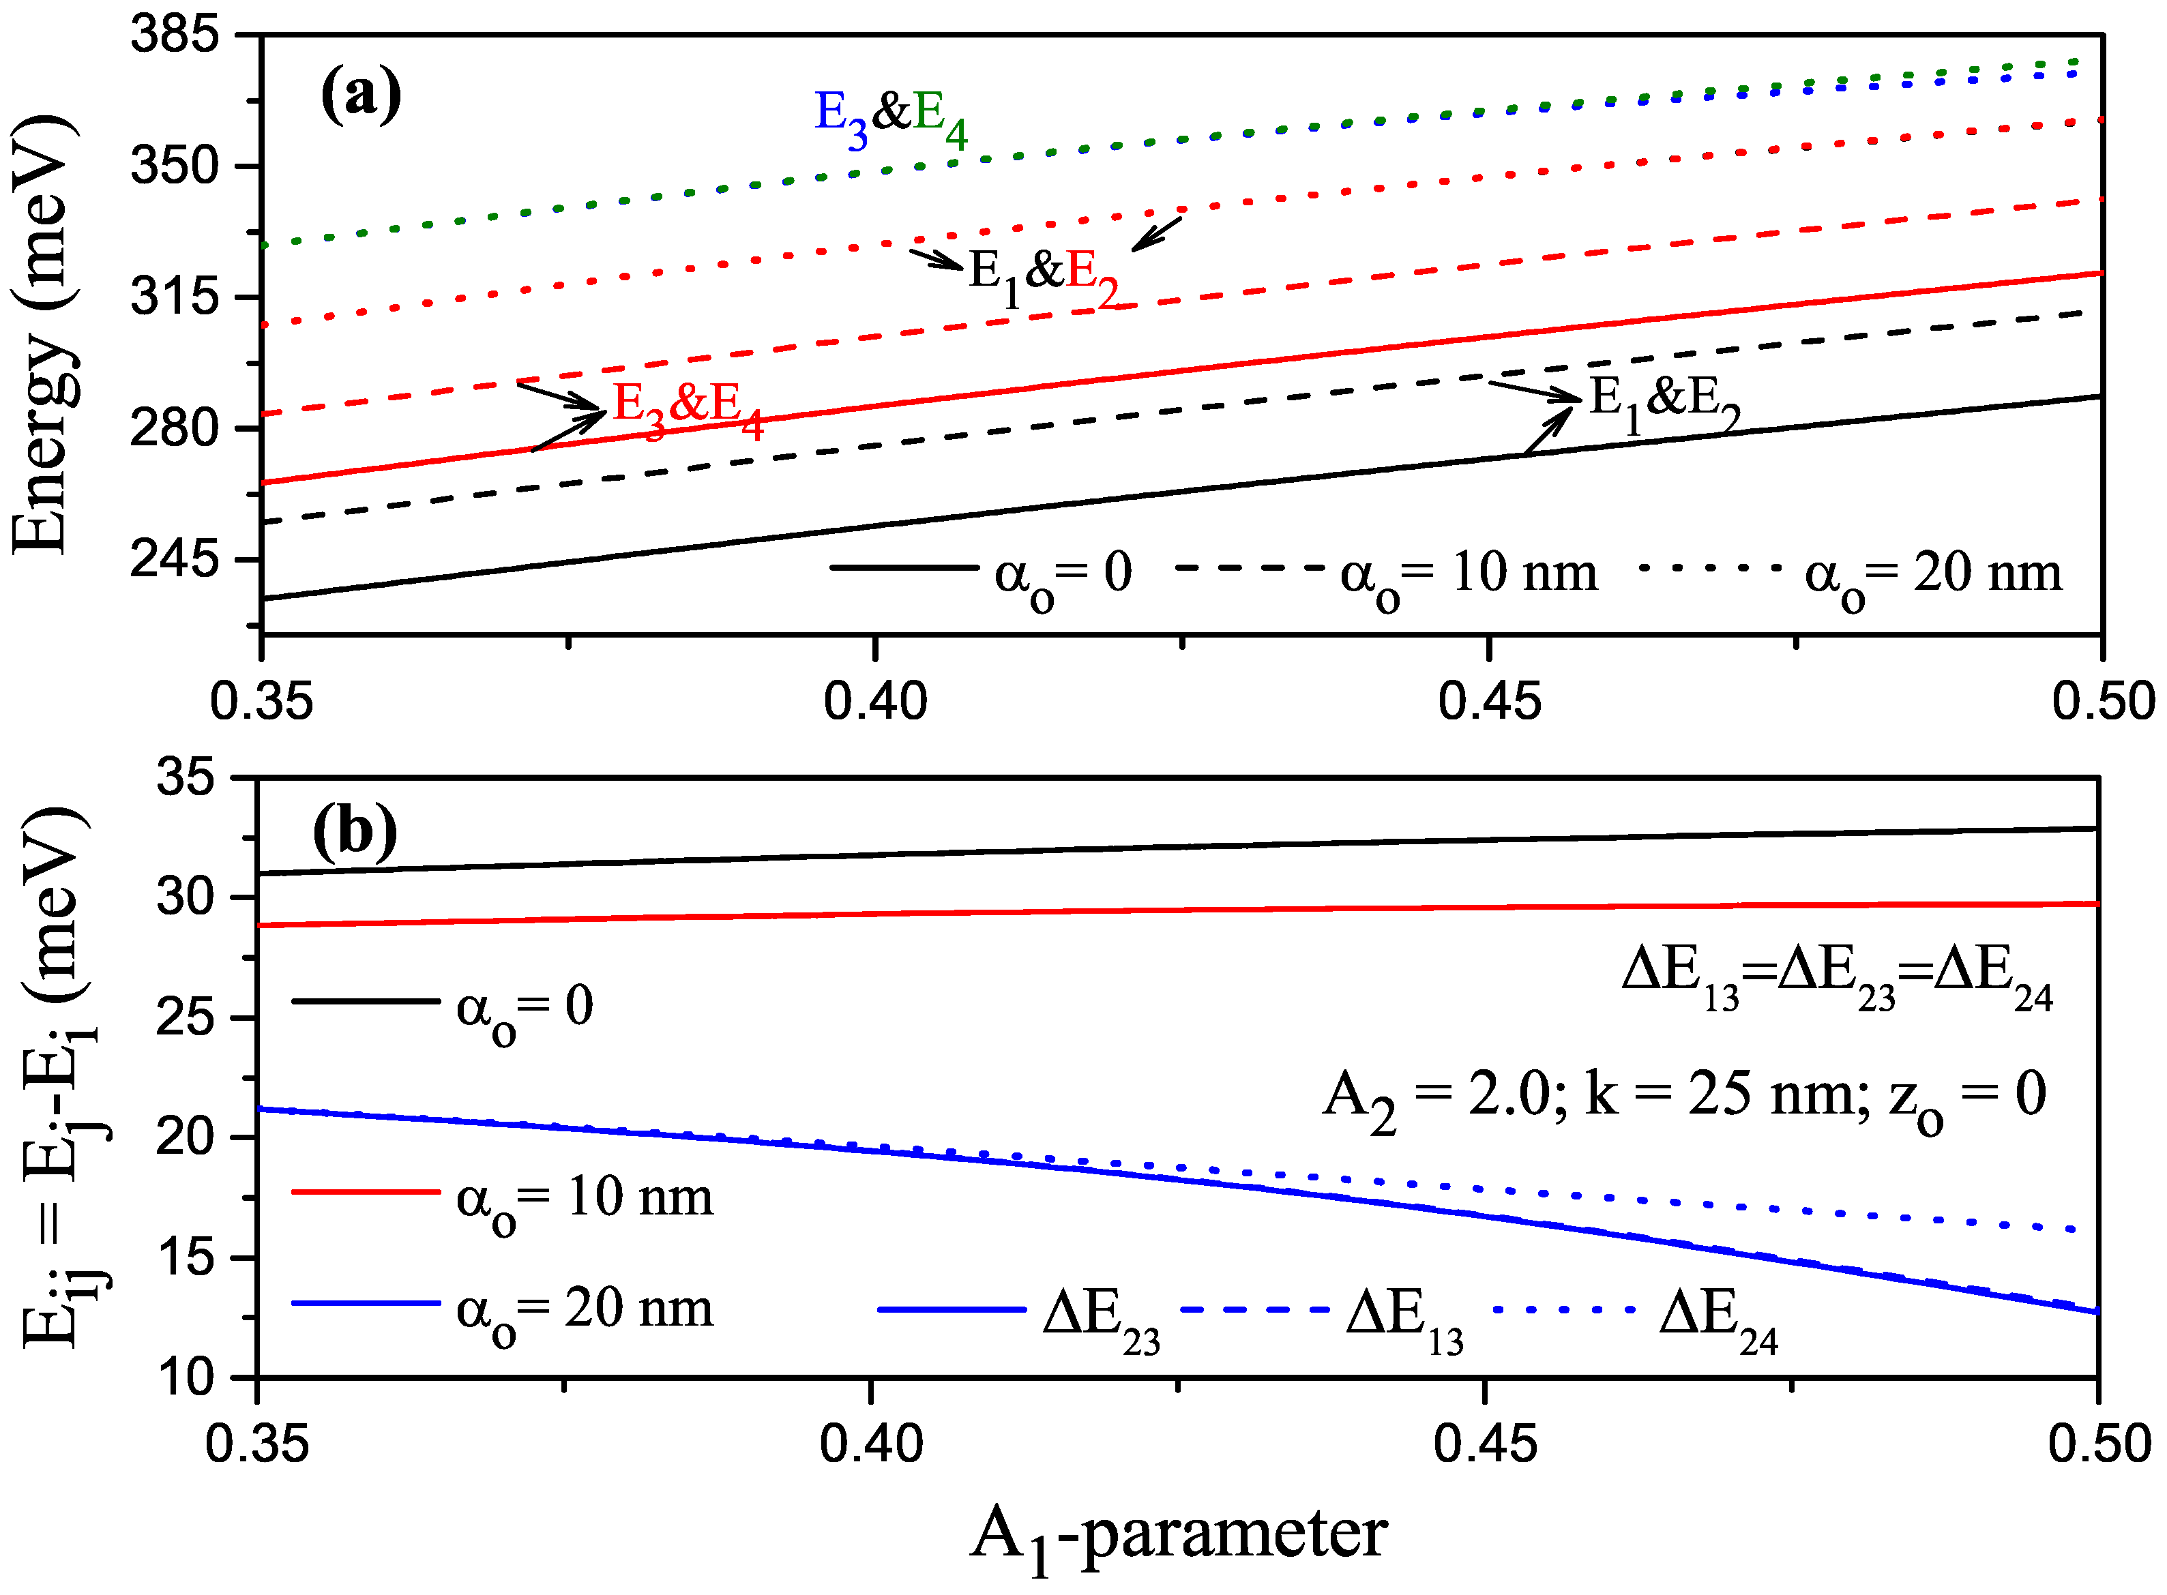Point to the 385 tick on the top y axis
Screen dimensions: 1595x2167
click(x=175, y=35)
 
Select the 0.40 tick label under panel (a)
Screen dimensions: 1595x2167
click(x=875, y=701)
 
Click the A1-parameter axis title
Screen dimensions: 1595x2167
click(x=1177, y=1535)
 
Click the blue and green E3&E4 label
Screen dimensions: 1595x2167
click(x=890, y=118)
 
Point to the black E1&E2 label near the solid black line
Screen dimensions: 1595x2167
click(x=1663, y=402)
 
